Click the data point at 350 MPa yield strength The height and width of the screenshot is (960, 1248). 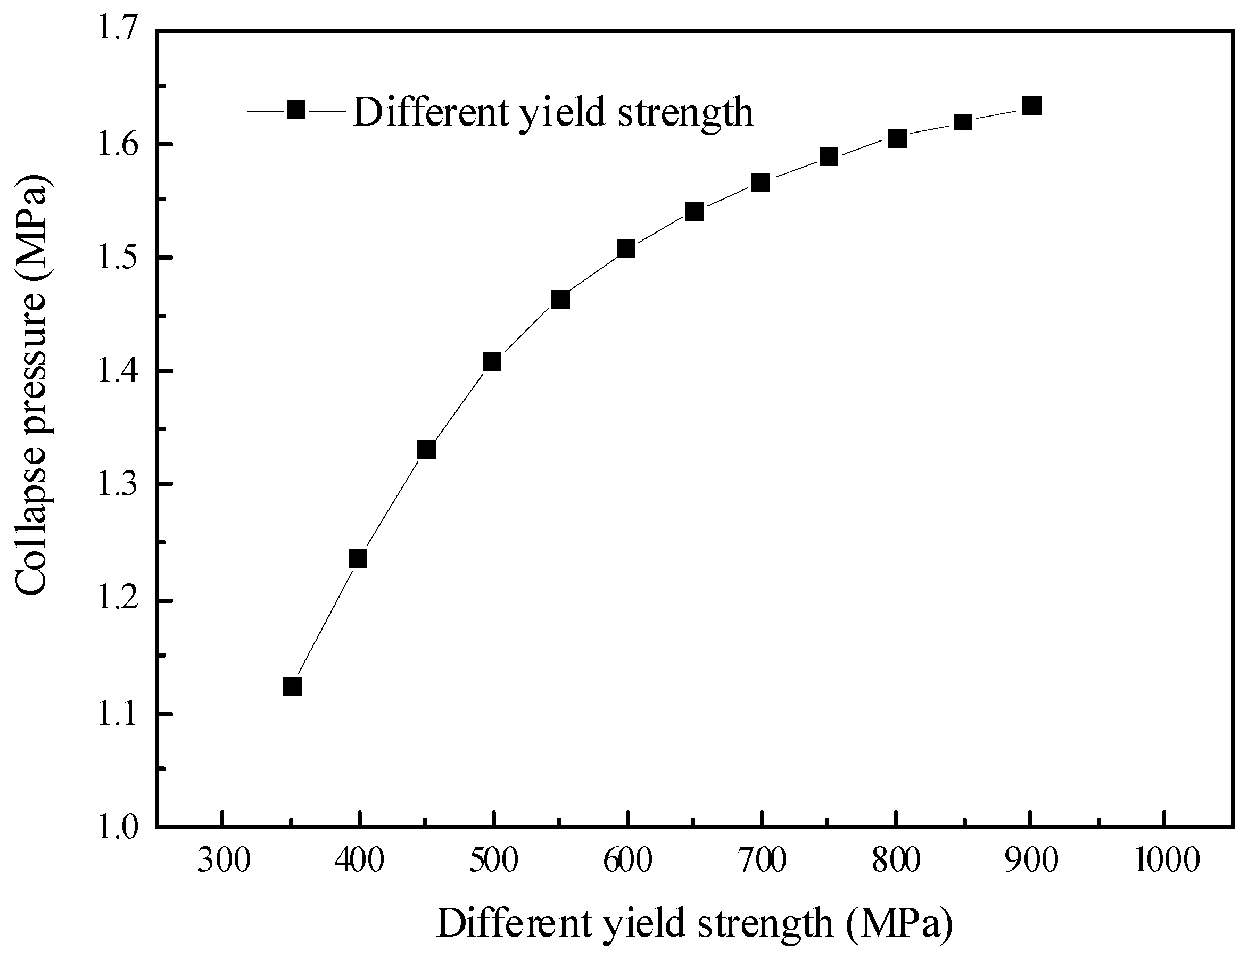click(x=292, y=686)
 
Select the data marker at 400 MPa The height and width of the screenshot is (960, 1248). click(x=358, y=559)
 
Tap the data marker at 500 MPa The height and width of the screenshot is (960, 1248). click(x=492, y=362)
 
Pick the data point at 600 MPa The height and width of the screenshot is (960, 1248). click(x=626, y=249)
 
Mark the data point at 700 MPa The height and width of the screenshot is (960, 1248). click(x=760, y=183)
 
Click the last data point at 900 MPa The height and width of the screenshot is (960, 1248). click(x=1032, y=106)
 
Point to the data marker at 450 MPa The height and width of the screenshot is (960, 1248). click(x=426, y=450)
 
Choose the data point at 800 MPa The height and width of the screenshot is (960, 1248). click(x=897, y=139)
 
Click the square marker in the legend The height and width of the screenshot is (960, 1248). click(x=296, y=109)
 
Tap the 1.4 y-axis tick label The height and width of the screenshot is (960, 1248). click(x=117, y=371)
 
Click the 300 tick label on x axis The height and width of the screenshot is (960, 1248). click(x=224, y=860)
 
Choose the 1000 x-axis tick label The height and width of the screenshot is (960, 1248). click(x=1166, y=860)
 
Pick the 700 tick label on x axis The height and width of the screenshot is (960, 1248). click(x=762, y=860)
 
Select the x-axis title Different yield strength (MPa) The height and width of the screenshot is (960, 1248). click(x=695, y=924)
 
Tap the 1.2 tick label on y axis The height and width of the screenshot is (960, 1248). click(x=117, y=601)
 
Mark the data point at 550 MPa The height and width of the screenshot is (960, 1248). click(x=560, y=300)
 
